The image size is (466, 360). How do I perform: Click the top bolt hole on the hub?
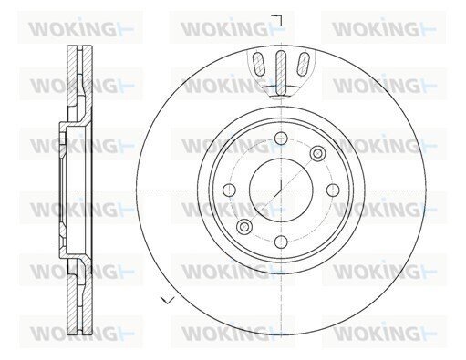281,139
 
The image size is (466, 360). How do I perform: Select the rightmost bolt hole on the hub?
333,190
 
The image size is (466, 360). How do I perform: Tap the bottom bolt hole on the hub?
281,242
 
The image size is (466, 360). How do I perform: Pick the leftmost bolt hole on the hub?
229,190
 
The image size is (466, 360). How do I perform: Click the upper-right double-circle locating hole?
317,153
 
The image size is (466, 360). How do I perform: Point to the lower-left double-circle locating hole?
244,227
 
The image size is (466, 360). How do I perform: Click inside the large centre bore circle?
281,190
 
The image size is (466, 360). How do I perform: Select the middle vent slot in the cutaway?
281,71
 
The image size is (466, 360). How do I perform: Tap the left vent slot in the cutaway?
258,64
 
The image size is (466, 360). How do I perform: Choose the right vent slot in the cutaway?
303,64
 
